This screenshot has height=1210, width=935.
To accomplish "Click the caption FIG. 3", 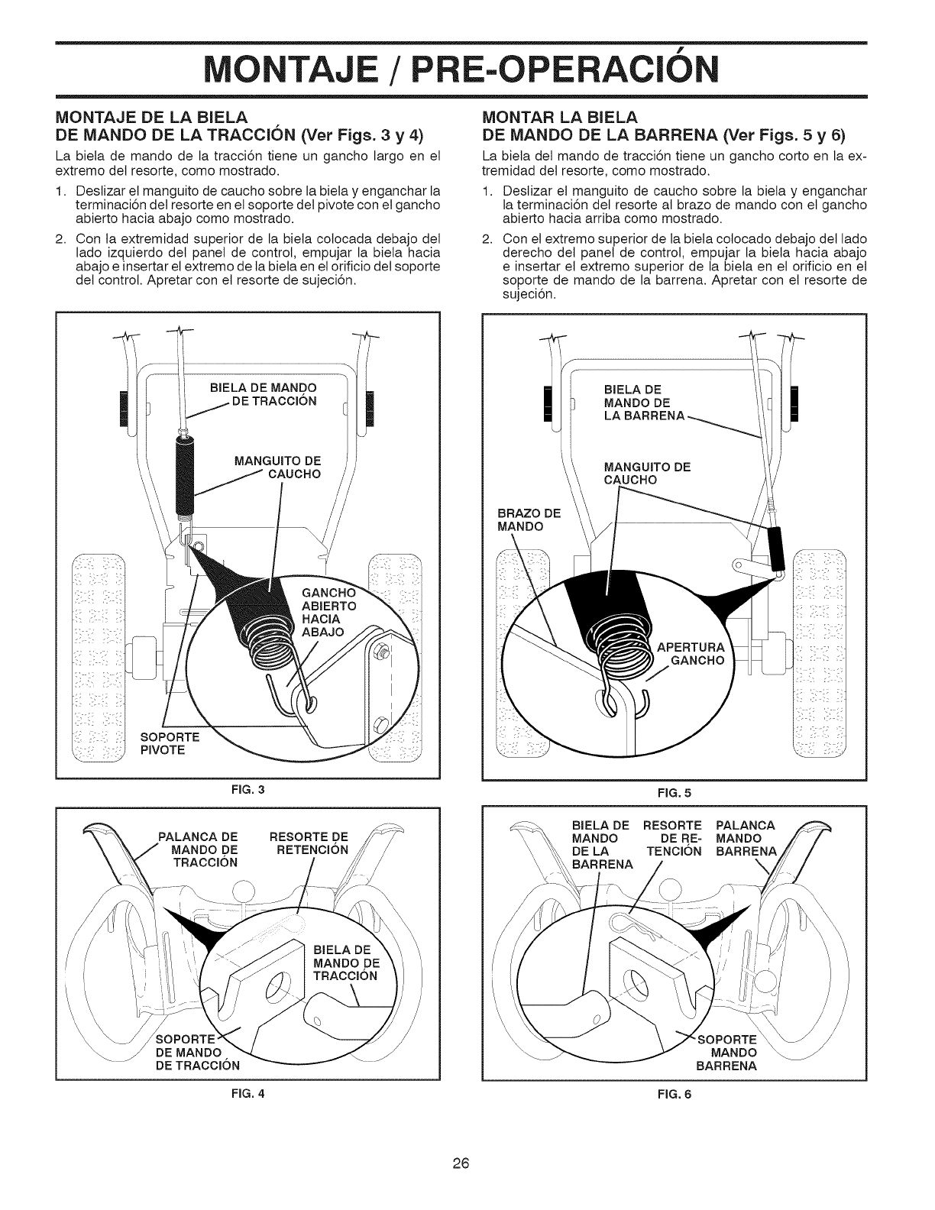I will click(x=247, y=788).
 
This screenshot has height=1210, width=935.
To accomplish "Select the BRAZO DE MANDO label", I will click(x=527, y=519).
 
